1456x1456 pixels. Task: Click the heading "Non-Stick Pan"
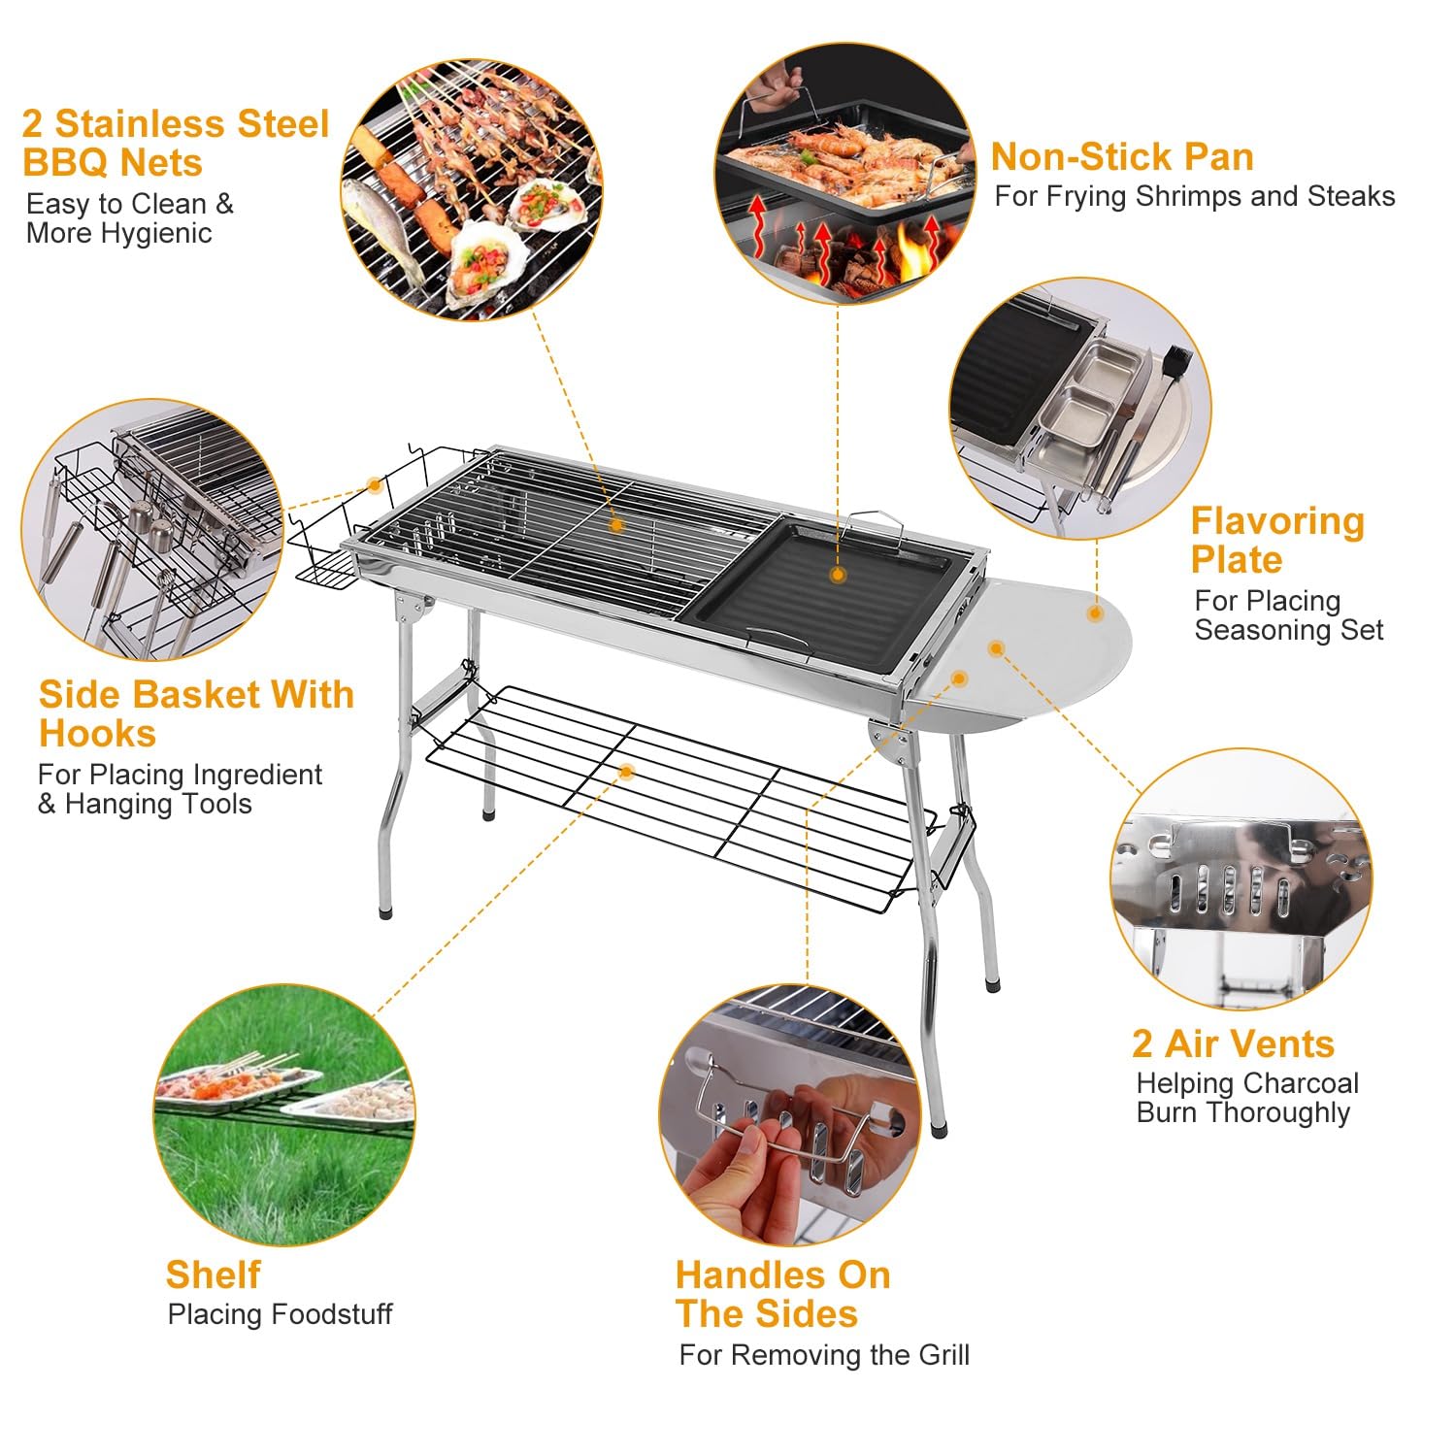pos(1121,157)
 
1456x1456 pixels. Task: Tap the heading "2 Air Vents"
pos(1233,1043)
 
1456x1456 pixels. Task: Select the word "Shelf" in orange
pos(213,1274)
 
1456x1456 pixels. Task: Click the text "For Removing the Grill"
pos(823,1354)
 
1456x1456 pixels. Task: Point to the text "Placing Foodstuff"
pos(280,1314)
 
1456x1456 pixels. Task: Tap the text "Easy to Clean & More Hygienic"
pos(129,218)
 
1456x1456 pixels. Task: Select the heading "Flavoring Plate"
pos(1276,540)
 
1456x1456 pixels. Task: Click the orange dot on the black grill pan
pos(838,575)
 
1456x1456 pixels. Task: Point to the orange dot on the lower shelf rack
pos(626,772)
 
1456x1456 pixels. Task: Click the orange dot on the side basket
pos(375,484)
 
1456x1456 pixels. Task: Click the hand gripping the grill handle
pos(747,1165)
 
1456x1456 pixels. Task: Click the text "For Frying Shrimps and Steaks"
pos(1194,196)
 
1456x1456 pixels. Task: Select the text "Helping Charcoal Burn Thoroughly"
pos(1246,1098)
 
